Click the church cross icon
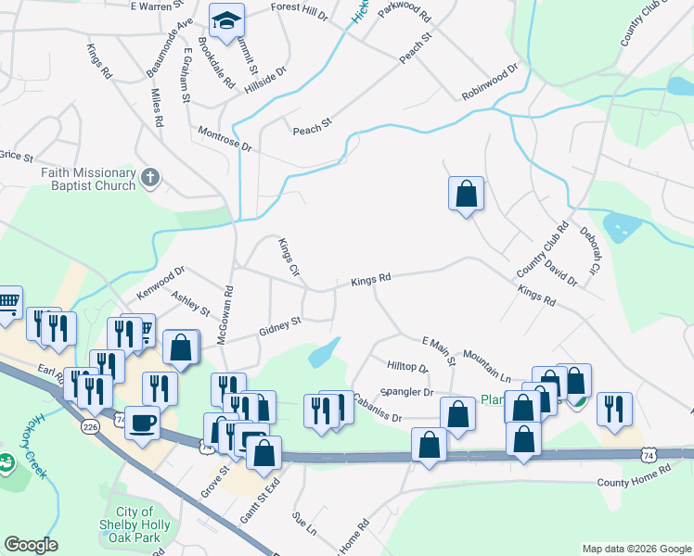[151, 176]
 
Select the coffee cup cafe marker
[141, 422]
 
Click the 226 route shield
[90, 426]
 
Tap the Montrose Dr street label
[225, 140]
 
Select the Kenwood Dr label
[161, 282]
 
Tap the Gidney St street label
[280, 325]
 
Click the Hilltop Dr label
[407, 368]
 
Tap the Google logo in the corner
[31, 545]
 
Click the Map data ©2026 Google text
[636, 549]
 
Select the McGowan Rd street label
[224, 316]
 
